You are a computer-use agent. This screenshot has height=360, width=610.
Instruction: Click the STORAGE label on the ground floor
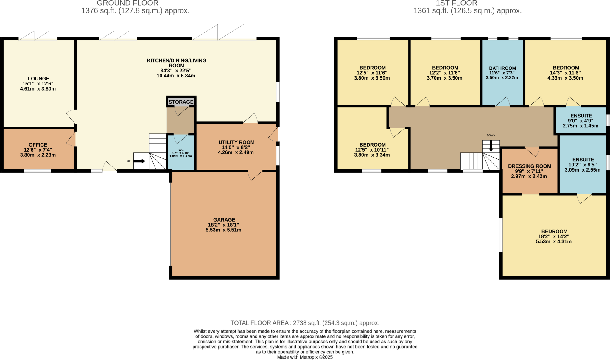(x=181, y=102)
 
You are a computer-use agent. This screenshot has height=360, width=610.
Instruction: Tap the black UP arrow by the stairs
(x=139, y=161)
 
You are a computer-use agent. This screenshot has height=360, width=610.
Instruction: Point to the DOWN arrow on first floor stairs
(x=491, y=146)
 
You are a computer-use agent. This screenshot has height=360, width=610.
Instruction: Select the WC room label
(x=181, y=150)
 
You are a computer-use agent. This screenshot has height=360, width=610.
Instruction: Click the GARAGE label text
(x=224, y=220)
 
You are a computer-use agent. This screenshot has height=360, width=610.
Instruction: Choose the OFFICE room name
(x=38, y=145)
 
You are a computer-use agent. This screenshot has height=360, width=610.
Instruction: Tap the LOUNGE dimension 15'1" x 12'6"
(x=38, y=84)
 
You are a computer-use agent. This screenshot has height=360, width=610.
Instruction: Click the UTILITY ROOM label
(x=236, y=142)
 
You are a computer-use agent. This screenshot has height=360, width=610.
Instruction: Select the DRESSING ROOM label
(x=530, y=166)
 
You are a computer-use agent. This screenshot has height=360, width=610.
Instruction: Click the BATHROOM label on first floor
(x=502, y=68)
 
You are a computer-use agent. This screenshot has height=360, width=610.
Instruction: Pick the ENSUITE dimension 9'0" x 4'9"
(x=581, y=121)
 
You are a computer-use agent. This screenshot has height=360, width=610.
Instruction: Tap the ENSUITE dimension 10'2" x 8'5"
(x=582, y=165)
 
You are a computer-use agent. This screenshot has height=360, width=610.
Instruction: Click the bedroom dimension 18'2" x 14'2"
(x=553, y=236)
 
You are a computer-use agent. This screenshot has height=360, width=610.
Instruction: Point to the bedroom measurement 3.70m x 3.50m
(x=444, y=78)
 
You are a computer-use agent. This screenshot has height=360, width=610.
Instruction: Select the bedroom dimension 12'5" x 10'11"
(x=372, y=150)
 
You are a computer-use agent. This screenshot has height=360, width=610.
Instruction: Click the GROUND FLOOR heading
(x=127, y=3)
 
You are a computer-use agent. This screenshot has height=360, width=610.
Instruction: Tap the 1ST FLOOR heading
(x=456, y=3)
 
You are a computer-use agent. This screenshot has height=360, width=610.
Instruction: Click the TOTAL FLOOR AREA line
(x=305, y=323)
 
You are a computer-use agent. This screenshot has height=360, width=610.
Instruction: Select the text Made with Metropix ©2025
(x=305, y=357)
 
